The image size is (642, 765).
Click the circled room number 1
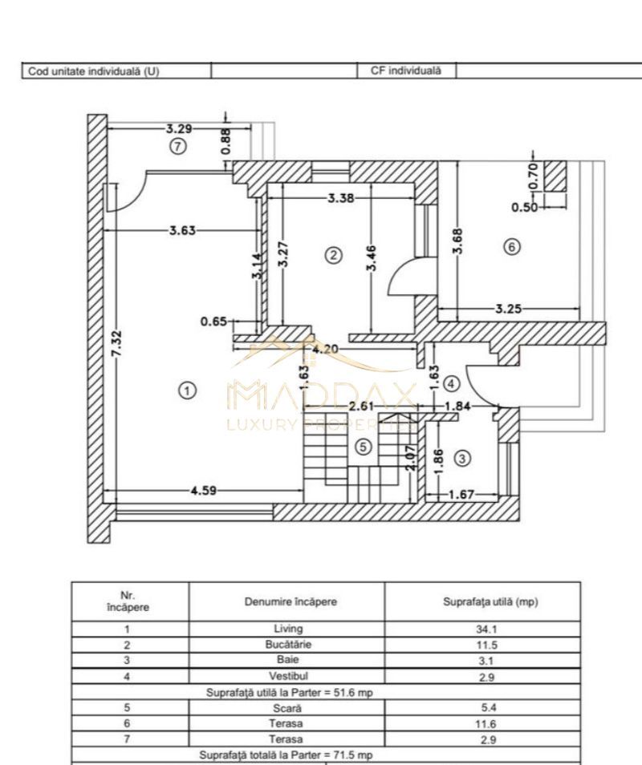point(186,391)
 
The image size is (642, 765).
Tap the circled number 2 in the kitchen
point(333,255)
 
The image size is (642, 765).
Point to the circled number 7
point(178,146)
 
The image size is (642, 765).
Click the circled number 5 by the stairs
point(364,447)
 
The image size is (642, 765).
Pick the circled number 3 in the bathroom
point(462,458)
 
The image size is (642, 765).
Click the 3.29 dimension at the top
point(179,127)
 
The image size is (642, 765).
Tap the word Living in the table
point(287,629)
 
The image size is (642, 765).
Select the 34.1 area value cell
point(482,629)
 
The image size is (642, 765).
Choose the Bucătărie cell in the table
point(287,644)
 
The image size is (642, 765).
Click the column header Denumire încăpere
point(287,601)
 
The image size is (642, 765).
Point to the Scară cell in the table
point(287,708)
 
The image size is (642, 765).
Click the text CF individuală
point(406,71)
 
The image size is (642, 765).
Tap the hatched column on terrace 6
point(555,176)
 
